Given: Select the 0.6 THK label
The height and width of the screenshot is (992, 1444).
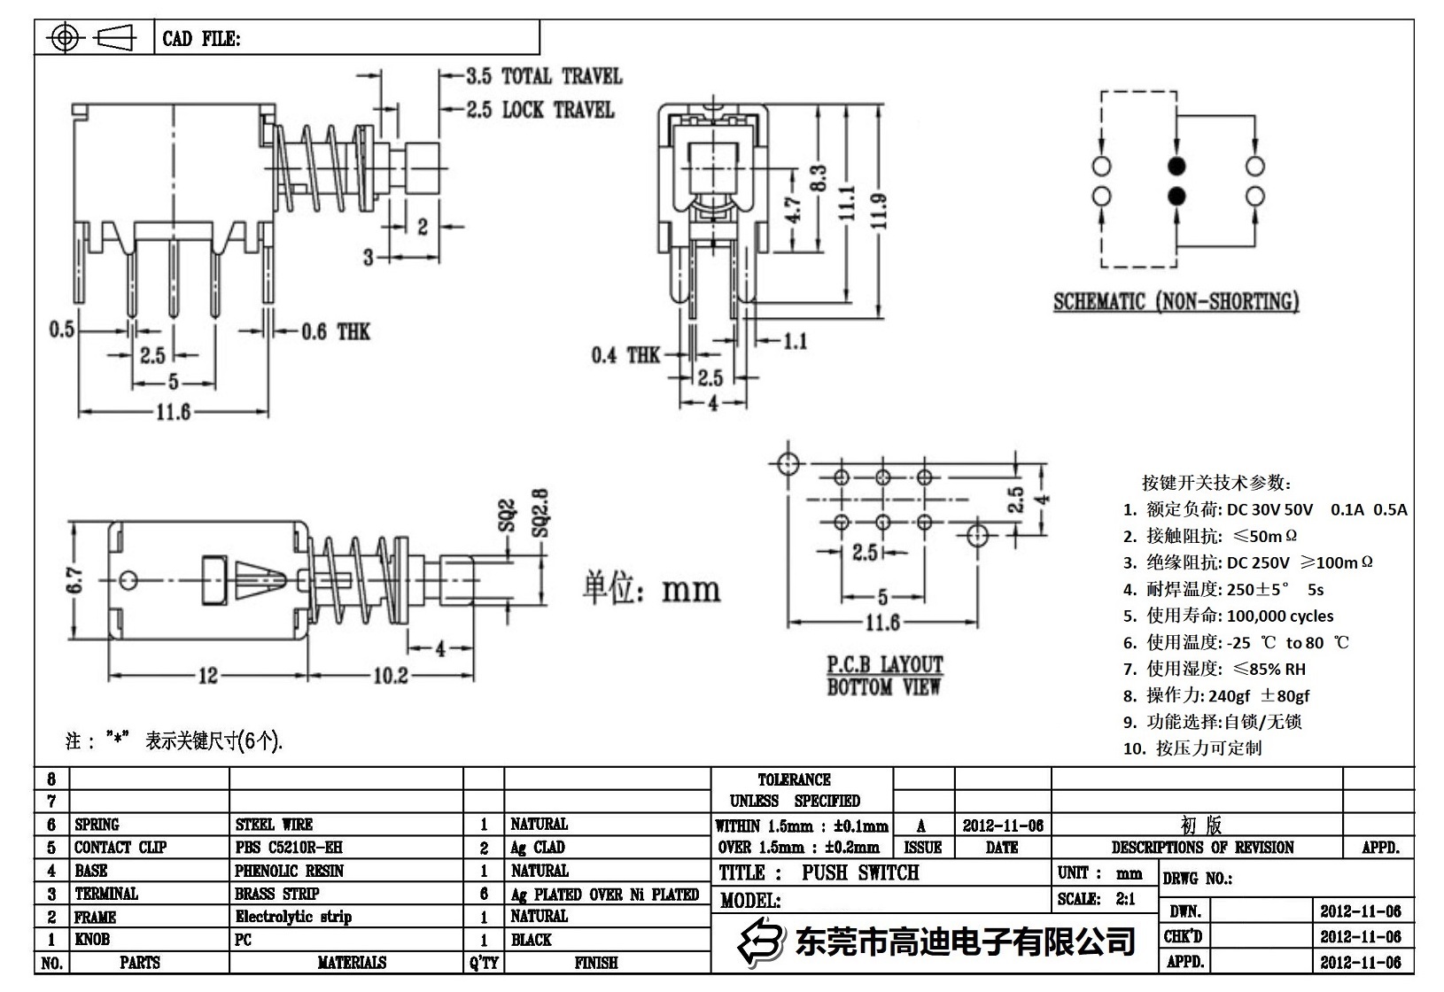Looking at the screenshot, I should tap(335, 332).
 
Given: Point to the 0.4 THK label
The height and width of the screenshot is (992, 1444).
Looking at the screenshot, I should tap(625, 355).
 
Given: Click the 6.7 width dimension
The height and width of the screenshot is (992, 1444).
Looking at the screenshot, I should tap(76, 581).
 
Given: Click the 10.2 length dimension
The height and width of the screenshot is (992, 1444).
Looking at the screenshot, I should tap(390, 676).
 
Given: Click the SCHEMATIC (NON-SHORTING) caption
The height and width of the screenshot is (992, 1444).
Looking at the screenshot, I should tap(1176, 302).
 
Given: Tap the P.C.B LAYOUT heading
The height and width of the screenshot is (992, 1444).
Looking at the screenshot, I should tap(885, 664).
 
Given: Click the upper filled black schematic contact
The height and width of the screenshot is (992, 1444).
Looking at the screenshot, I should tap(1177, 166).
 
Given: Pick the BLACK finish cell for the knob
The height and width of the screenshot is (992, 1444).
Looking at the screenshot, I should tap(531, 940).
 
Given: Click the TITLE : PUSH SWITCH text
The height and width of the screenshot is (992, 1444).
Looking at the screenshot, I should tap(819, 872).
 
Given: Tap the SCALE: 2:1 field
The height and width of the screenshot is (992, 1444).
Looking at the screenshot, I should tap(1096, 898).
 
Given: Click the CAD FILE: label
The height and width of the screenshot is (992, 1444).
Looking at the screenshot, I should tap(201, 39).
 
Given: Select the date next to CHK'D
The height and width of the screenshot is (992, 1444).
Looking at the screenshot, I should tap(1360, 936).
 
